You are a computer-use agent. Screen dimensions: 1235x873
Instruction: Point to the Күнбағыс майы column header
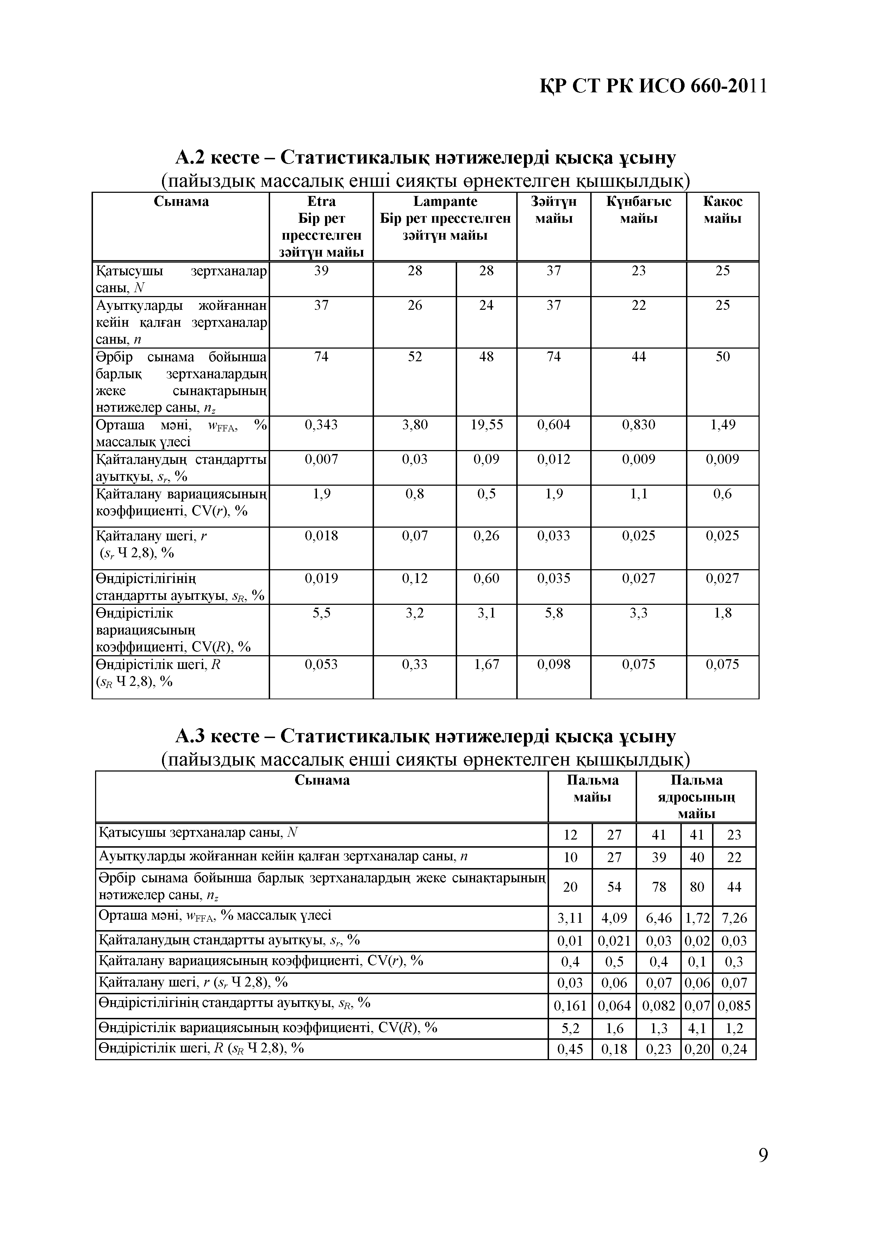(638, 210)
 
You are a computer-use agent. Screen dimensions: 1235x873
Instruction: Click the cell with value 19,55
(486, 425)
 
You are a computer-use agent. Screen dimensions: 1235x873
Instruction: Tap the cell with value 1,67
(486, 664)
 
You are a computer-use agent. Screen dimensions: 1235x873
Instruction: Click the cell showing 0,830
(638, 425)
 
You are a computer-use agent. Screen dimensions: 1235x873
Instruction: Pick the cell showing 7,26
(734, 918)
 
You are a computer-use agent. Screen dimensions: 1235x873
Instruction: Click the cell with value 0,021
(614, 941)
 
